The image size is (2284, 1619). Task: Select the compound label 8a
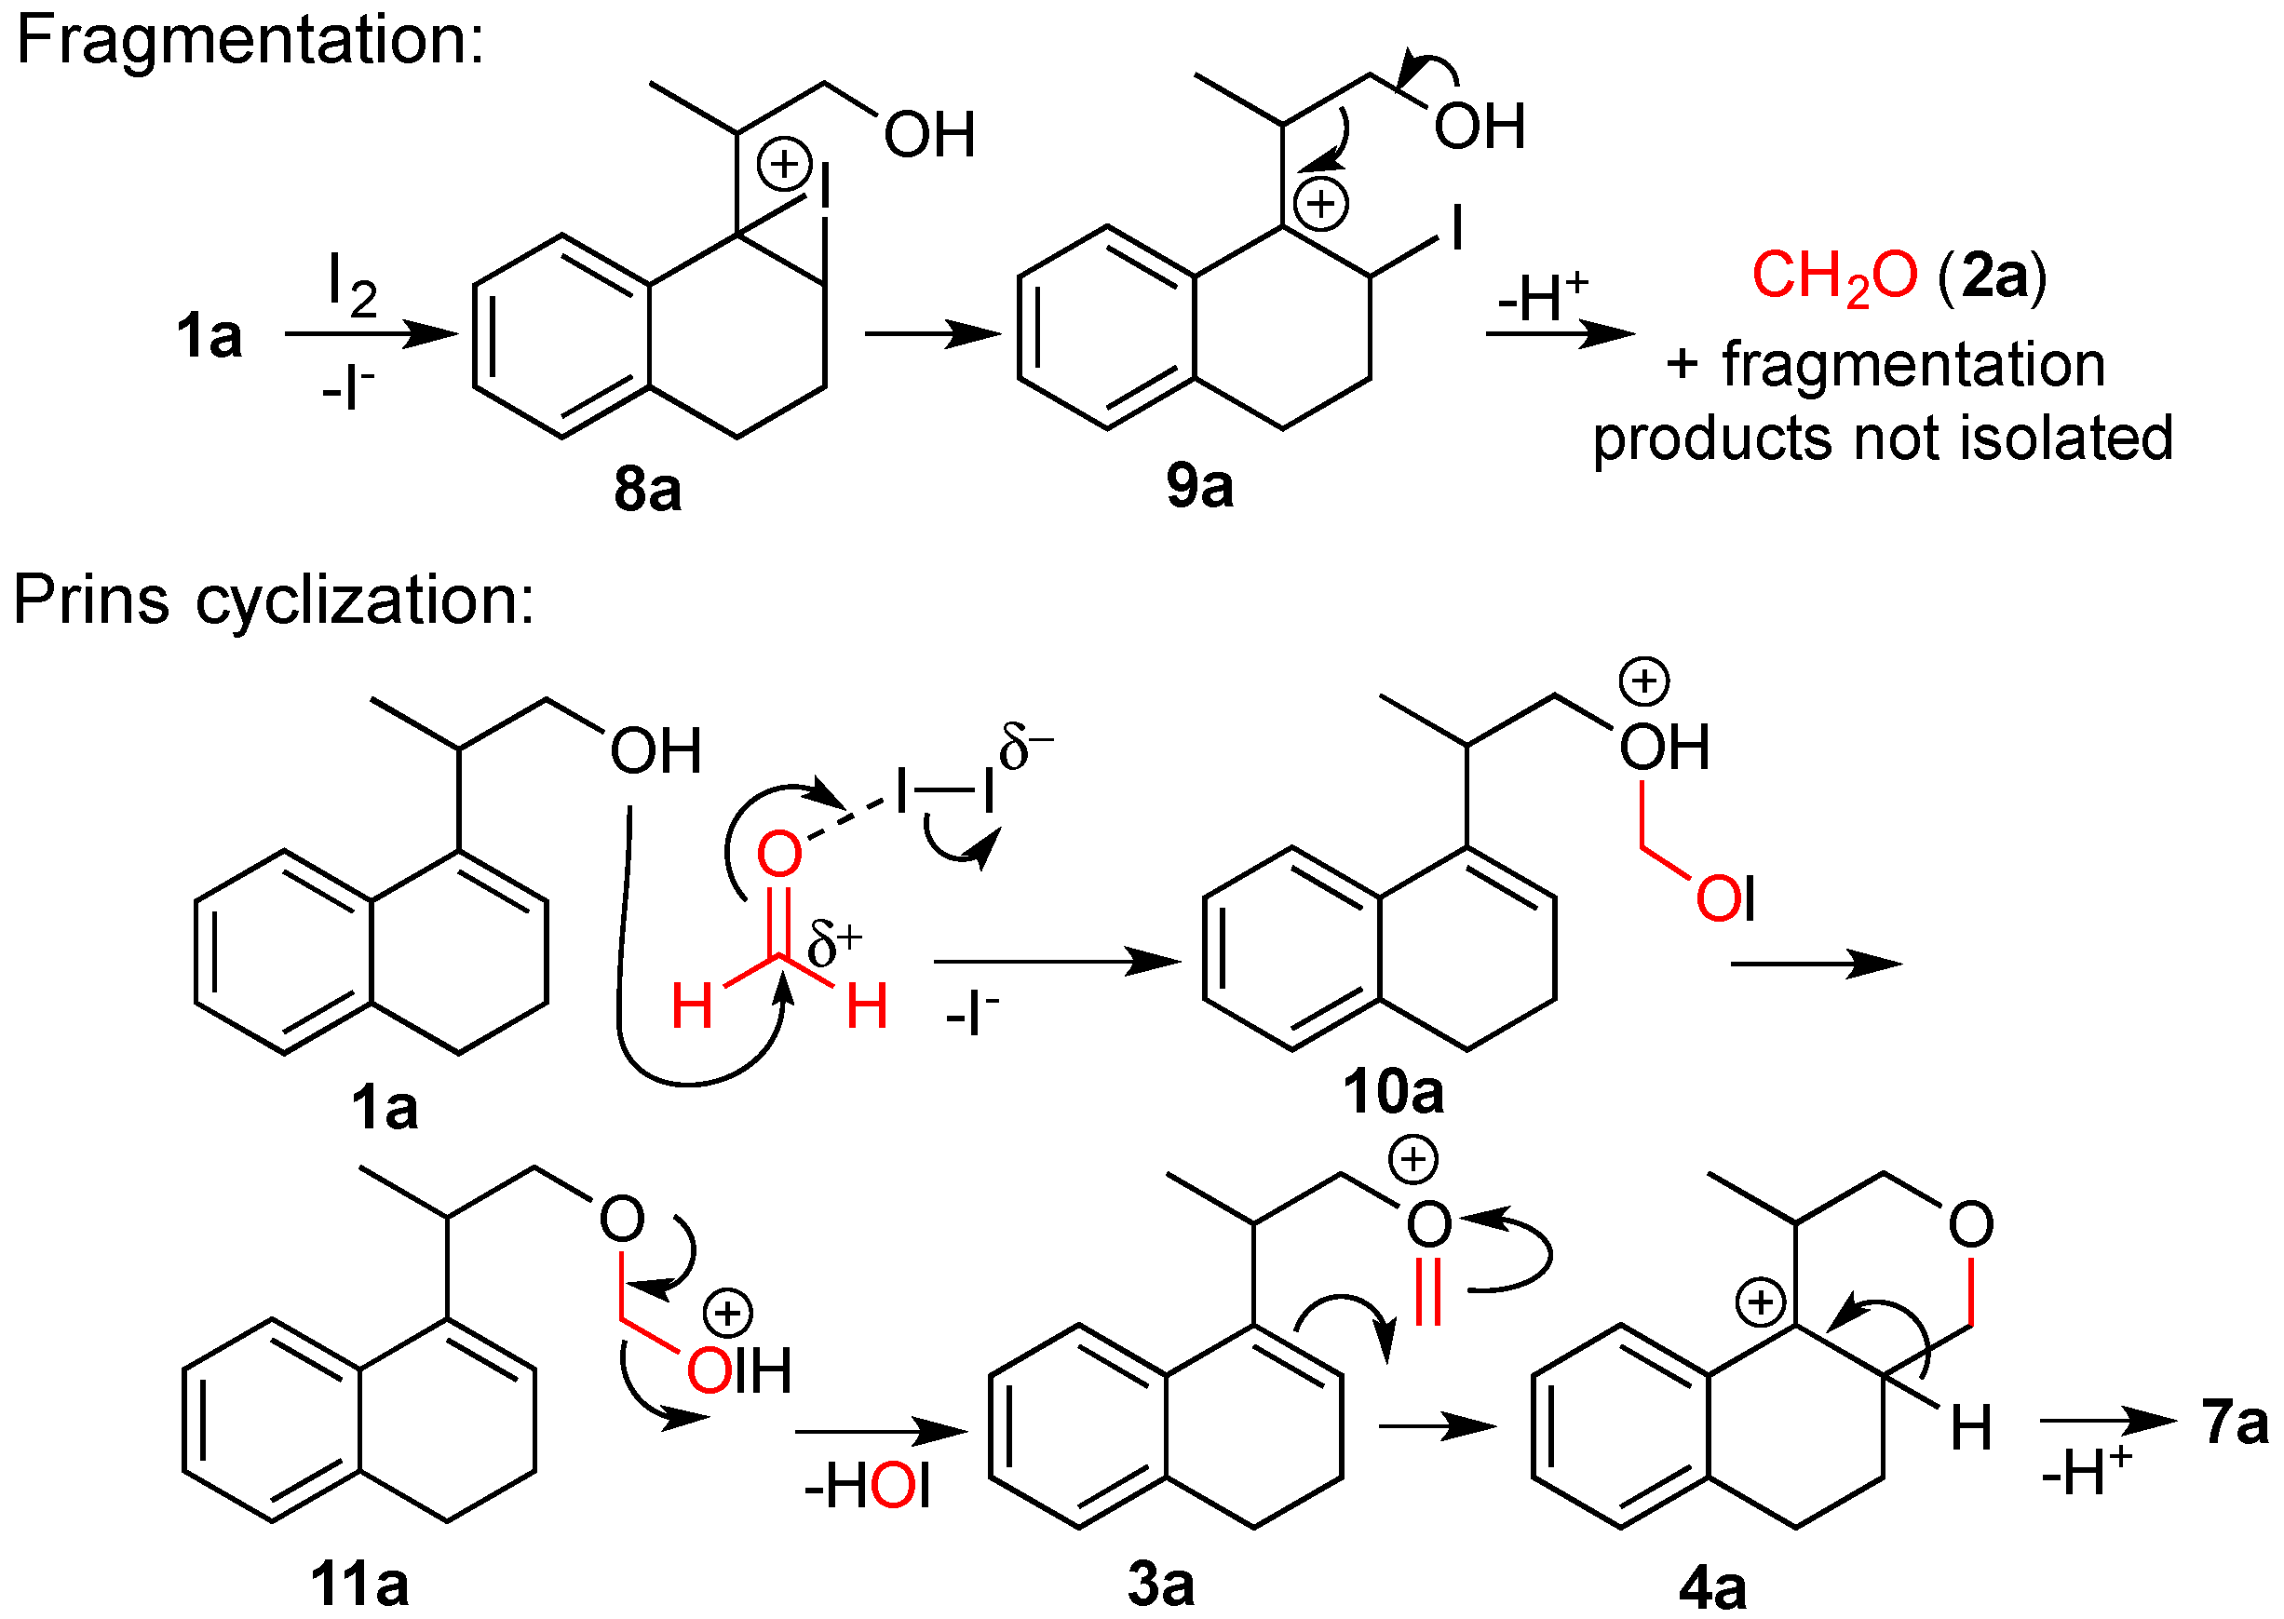[x=647, y=490]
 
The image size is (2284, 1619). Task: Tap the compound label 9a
[x=1199, y=487]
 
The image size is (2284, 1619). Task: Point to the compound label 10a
[x=1393, y=1092]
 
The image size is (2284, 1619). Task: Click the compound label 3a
[x=1160, y=1583]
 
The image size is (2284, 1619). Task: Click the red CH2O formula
[x=1834, y=277]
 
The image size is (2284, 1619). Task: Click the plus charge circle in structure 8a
[x=785, y=164]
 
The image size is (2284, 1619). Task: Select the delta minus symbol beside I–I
[x=1025, y=747]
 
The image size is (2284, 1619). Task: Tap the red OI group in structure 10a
[x=1724, y=898]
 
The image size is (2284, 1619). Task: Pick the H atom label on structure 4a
[x=1971, y=1427]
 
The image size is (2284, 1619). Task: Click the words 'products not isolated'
[x=1883, y=438]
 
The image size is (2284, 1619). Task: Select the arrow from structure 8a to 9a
[x=932, y=334]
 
